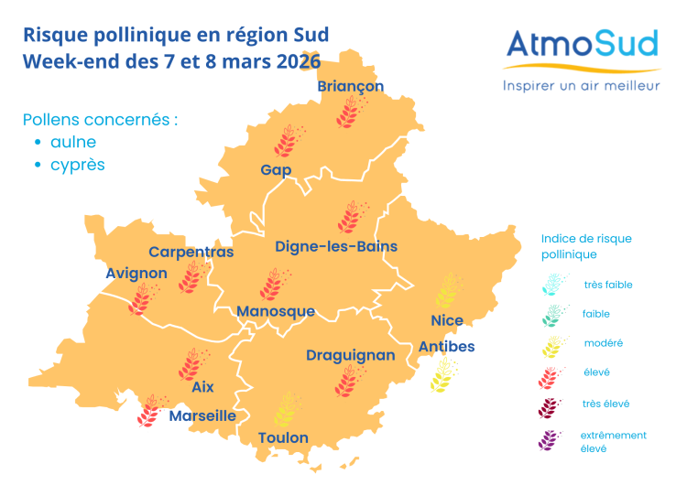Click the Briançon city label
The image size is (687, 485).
click(x=350, y=86)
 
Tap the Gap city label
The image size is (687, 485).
click(x=276, y=170)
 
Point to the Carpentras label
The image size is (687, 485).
click(x=191, y=252)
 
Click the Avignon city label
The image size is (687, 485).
click(x=136, y=273)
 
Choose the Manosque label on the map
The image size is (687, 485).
click(x=276, y=311)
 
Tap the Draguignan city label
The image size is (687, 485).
click(x=351, y=355)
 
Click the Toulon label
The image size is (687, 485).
click(x=283, y=437)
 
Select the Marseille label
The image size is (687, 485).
click(x=202, y=415)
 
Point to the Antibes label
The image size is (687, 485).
click(x=447, y=346)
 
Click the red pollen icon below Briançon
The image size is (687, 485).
click(x=349, y=113)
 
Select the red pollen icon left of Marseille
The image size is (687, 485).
click(x=150, y=411)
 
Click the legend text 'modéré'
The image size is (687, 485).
click(x=603, y=343)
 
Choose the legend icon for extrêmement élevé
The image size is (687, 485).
click(x=551, y=440)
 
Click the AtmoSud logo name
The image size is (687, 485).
click(x=583, y=45)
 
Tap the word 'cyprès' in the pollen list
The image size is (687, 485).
click(x=78, y=166)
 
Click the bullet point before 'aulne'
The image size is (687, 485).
click(x=38, y=143)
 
